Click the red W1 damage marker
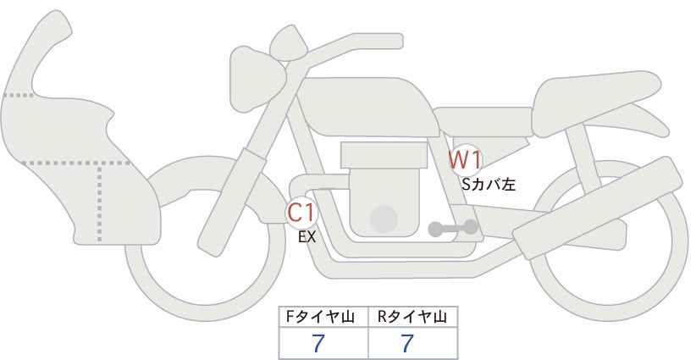(x=465, y=160)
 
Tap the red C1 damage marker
(x=301, y=213)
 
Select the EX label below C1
(x=307, y=237)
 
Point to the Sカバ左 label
(x=489, y=184)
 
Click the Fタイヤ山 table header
(x=320, y=317)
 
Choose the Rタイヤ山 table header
(x=412, y=317)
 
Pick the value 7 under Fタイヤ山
(x=318, y=343)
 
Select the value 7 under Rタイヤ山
(x=407, y=343)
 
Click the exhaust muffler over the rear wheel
(x=597, y=208)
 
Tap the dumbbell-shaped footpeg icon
(x=453, y=228)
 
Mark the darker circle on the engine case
(x=384, y=219)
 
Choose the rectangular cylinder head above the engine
(x=384, y=155)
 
